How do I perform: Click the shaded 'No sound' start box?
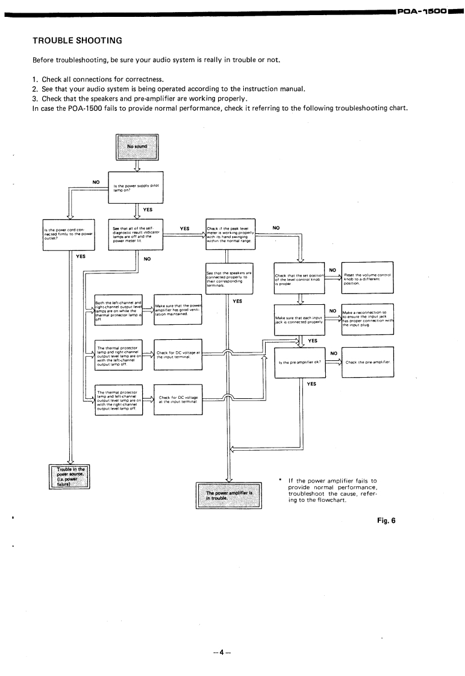(137, 146)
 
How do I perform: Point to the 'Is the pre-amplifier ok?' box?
(299, 362)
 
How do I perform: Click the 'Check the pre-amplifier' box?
(367, 362)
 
